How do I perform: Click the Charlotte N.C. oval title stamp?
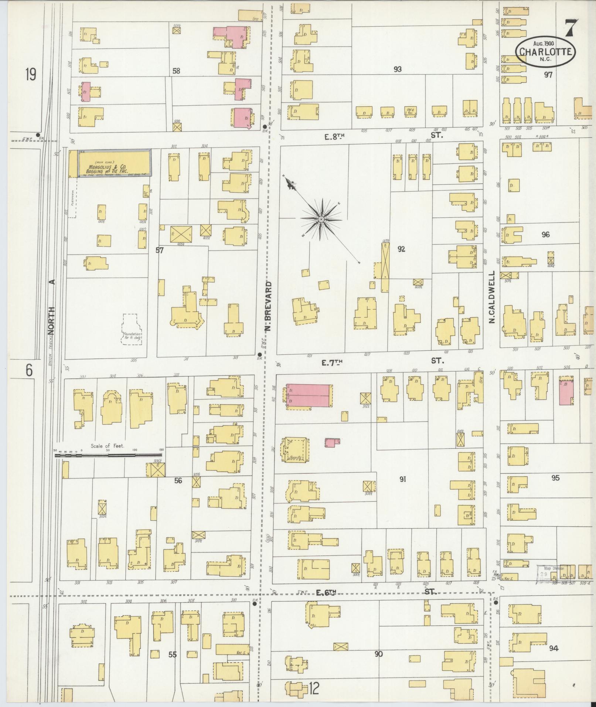point(546,52)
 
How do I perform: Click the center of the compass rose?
point(321,220)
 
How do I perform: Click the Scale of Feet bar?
point(109,455)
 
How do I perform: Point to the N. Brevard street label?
point(269,306)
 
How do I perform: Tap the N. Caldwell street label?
point(492,298)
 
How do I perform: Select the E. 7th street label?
point(331,363)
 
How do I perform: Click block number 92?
point(401,249)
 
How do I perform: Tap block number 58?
point(176,71)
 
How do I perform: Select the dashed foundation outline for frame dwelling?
point(132,329)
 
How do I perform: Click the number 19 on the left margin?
point(31,75)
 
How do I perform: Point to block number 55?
point(172,654)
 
